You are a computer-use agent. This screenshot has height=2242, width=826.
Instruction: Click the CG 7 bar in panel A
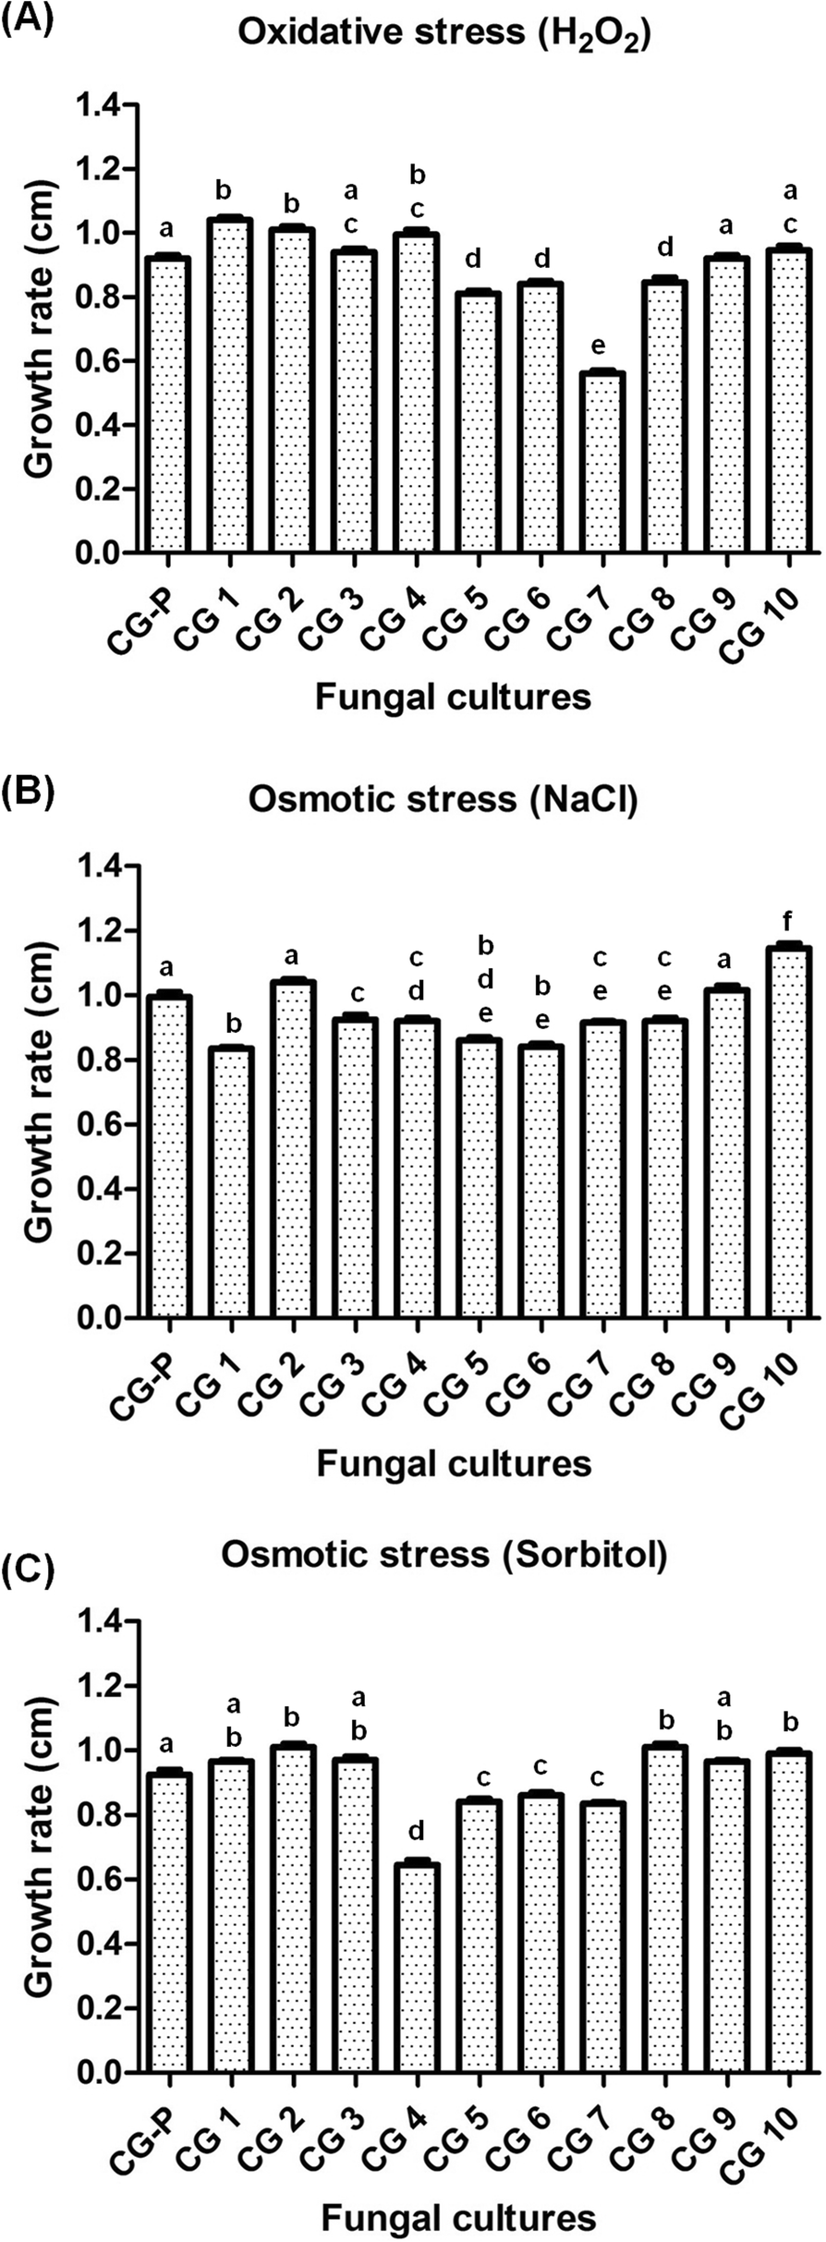tap(602, 462)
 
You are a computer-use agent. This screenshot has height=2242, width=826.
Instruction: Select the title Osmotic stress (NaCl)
tap(443, 800)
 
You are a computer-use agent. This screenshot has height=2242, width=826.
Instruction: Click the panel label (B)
tap(30, 792)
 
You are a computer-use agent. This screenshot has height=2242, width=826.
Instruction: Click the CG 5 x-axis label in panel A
tap(452, 618)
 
